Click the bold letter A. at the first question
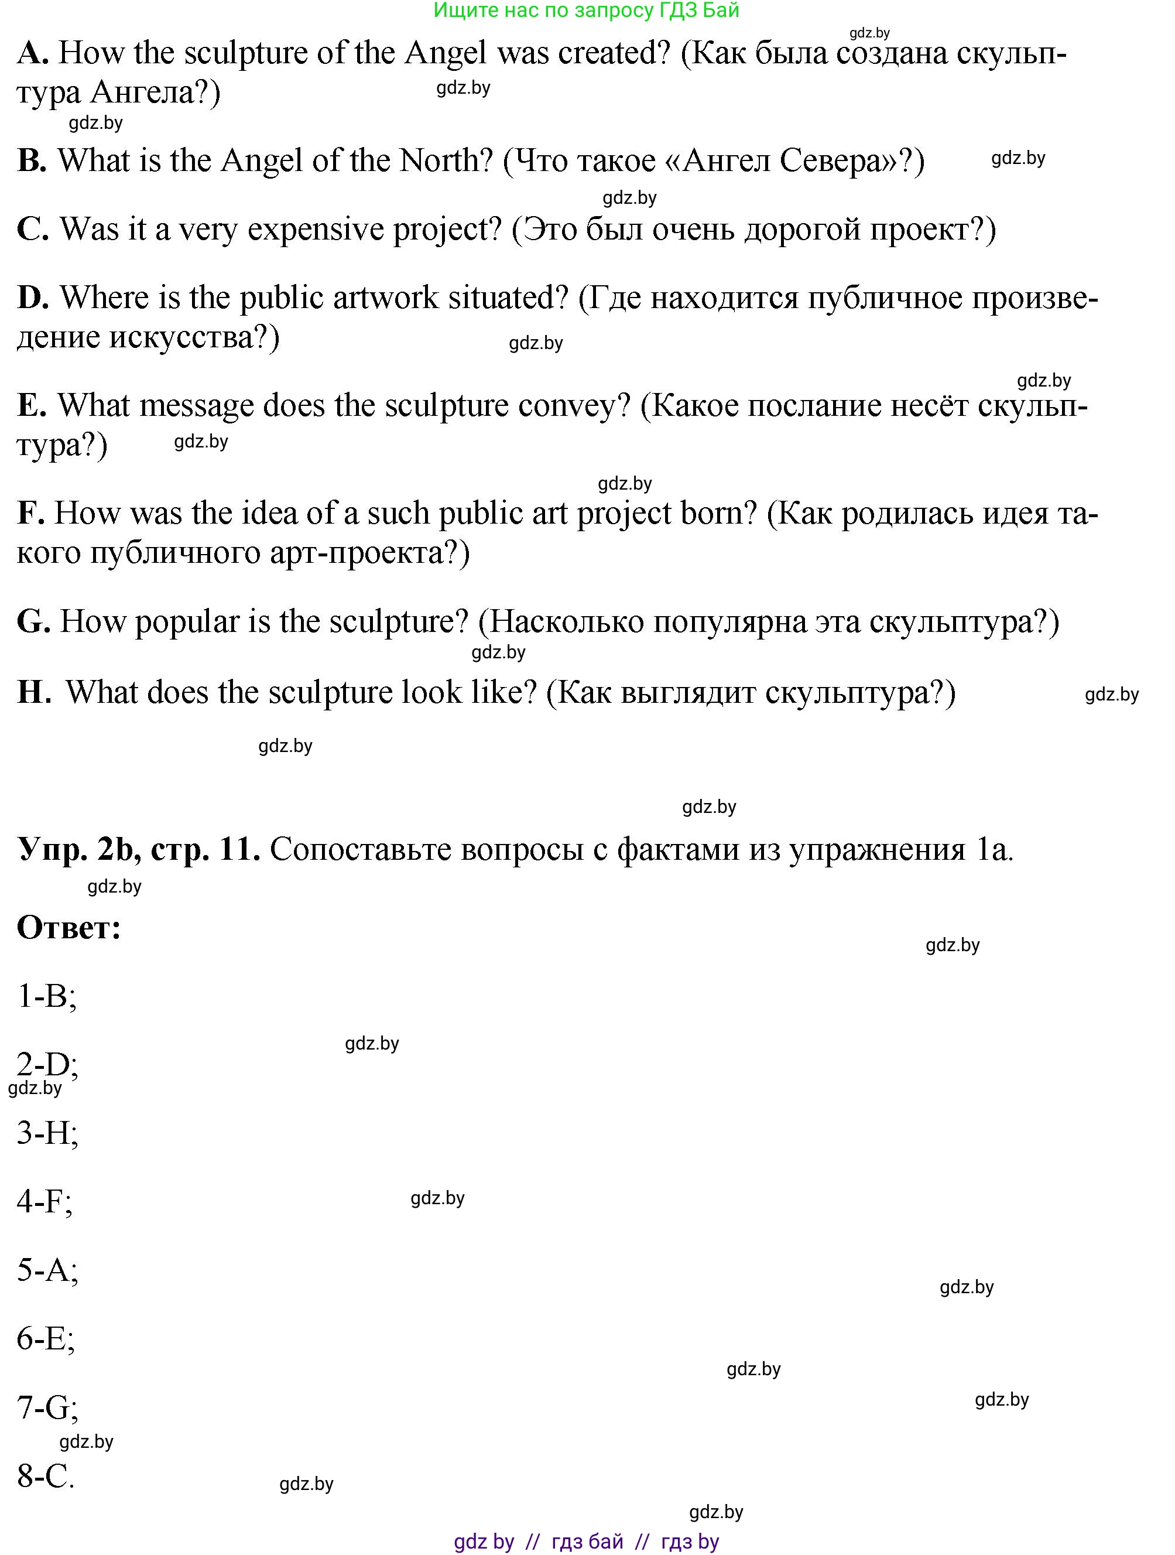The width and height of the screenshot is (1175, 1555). point(32,53)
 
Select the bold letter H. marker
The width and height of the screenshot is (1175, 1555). point(34,692)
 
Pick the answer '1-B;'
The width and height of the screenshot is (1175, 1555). point(46,996)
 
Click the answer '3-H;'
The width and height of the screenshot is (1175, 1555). point(47,1133)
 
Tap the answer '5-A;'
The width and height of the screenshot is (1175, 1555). point(47,1270)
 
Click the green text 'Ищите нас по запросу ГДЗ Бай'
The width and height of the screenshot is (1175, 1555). point(587,11)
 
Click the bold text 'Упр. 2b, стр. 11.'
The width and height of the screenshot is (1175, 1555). point(138,849)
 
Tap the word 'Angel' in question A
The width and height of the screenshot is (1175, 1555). point(445,53)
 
